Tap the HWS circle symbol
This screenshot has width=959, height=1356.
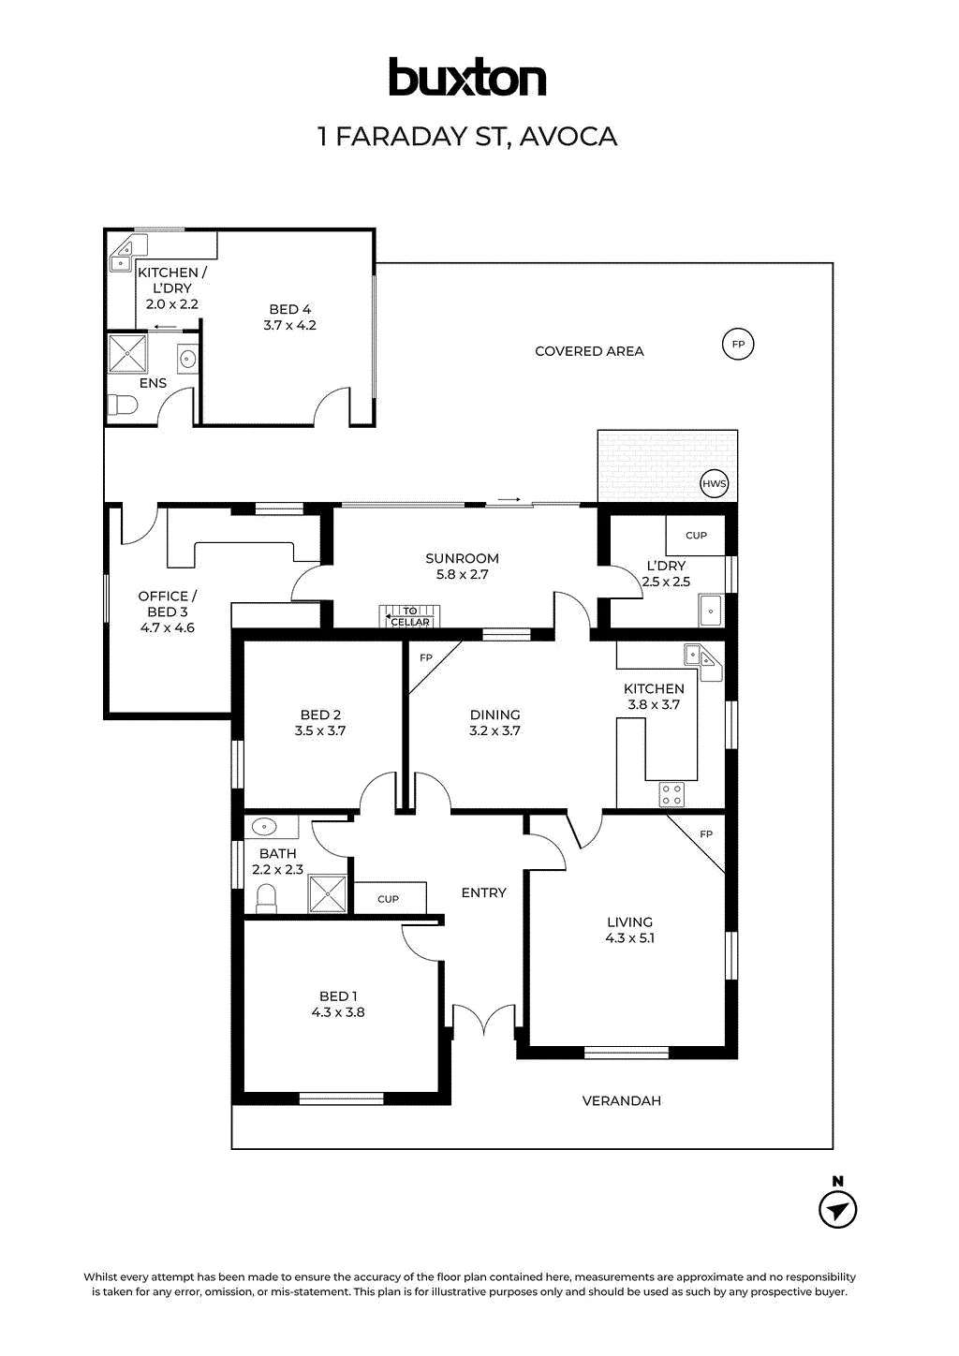click(x=714, y=483)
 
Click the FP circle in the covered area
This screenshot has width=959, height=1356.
click(x=738, y=345)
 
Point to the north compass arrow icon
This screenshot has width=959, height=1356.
click(x=838, y=1210)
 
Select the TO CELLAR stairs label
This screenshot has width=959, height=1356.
click(x=410, y=616)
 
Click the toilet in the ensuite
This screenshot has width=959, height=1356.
click(x=123, y=405)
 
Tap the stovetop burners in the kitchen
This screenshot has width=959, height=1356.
click(x=671, y=794)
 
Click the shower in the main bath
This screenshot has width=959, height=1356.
click(x=328, y=893)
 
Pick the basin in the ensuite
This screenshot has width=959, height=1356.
click(x=187, y=359)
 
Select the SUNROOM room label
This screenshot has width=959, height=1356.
click(x=462, y=558)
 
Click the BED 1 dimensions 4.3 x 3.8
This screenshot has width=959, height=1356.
click(x=338, y=1012)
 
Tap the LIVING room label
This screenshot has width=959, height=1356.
click(x=629, y=922)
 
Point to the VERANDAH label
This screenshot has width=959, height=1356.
click(x=621, y=1100)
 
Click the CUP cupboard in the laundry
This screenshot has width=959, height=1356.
click(x=696, y=535)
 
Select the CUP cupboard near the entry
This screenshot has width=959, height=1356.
click(x=390, y=898)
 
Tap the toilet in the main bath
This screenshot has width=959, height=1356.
click(x=266, y=898)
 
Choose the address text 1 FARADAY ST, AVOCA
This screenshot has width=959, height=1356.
click(x=467, y=136)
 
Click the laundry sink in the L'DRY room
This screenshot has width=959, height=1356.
click(x=711, y=611)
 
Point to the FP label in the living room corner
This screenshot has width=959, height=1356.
click(x=706, y=834)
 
